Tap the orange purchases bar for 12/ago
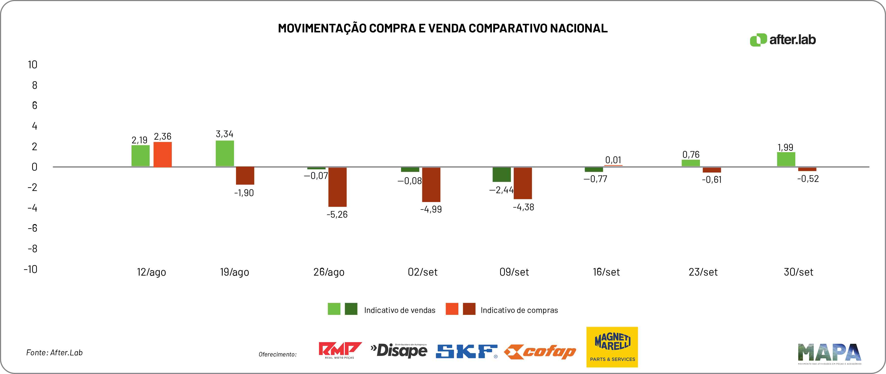click(x=162, y=155)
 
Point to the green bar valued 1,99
click(x=786, y=159)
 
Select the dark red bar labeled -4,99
click(x=431, y=185)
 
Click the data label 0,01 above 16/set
click(x=613, y=160)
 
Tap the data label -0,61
click(x=712, y=180)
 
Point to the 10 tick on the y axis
click(x=33, y=65)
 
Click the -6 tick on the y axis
click(x=33, y=228)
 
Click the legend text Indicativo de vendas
click(x=399, y=310)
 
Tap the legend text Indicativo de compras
click(x=519, y=310)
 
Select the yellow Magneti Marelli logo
click(x=612, y=347)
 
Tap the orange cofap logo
click(x=540, y=352)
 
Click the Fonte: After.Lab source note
click(x=54, y=353)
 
